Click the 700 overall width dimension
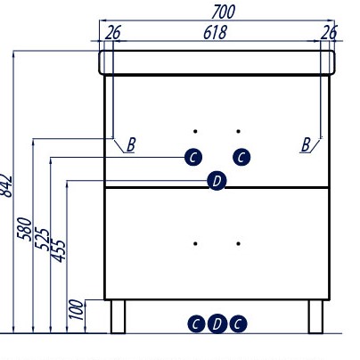tap(223, 12)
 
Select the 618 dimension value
tap(215, 32)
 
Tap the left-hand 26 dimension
tap(113, 32)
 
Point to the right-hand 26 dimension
tap(329, 32)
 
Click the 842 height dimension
tap(6, 186)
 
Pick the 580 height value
tap(24, 229)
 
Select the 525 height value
tap(42, 239)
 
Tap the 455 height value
tap(58, 250)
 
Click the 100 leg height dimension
tap(76, 309)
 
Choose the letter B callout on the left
tap(131, 145)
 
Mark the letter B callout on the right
tap(306, 145)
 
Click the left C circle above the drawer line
tap(193, 157)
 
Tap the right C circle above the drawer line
tap(241, 157)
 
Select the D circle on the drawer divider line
tap(217, 181)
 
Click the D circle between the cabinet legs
tap(217, 323)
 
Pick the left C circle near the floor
tap(196, 323)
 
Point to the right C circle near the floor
tap(238, 323)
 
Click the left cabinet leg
tap(119, 316)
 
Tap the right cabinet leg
tap(315, 316)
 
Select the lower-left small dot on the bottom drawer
tap(195, 243)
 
